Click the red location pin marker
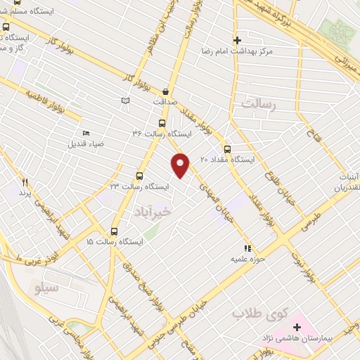coord(181,165)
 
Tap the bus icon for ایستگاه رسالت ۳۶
coord(162,122)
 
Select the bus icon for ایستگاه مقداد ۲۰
coord(227,149)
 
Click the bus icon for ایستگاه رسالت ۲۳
coord(139,176)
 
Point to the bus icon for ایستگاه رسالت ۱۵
coord(115,231)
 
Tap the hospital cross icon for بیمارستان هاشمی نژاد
coord(297,328)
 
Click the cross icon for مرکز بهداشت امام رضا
coord(237,40)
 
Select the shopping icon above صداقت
coord(165,91)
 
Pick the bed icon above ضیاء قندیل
coord(86,134)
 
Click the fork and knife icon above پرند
coord(25,181)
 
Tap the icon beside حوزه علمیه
coord(247,248)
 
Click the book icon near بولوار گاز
coord(126,101)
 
